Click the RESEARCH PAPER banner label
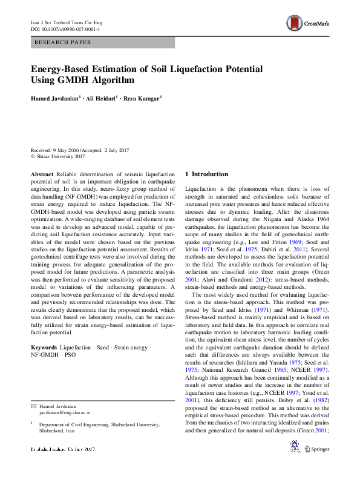[64, 42]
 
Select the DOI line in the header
[65, 29]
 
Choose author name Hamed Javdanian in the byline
[54, 98]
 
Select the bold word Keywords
[45, 347]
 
